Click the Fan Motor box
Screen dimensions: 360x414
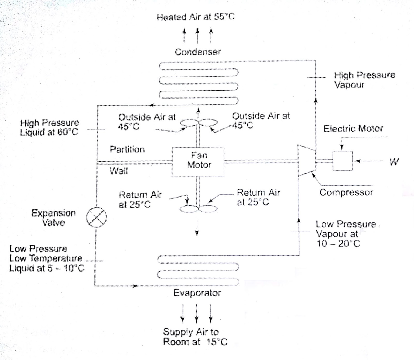(198, 162)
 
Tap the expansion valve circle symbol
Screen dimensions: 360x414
(96, 217)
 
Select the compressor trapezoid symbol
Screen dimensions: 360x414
(307, 161)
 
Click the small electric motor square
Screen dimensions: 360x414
(343, 161)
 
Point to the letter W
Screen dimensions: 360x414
(394, 162)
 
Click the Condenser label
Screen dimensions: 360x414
(198, 52)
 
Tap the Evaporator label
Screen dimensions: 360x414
(197, 293)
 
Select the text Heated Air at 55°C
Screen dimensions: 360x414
(196, 17)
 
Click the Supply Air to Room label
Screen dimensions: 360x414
(195, 337)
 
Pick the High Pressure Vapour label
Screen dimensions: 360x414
(365, 80)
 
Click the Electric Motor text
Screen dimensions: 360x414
(353, 129)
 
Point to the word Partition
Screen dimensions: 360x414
(127, 149)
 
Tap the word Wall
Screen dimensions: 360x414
(119, 171)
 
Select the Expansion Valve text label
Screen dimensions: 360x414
(54, 218)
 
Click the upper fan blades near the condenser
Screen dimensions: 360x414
(198, 123)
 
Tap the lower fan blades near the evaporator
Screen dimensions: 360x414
(198, 208)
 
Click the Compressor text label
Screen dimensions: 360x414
(346, 192)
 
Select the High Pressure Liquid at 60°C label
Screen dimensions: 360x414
(49, 127)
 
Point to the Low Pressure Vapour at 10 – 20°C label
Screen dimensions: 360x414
(345, 234)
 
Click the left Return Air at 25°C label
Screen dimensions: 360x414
(140, 200)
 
